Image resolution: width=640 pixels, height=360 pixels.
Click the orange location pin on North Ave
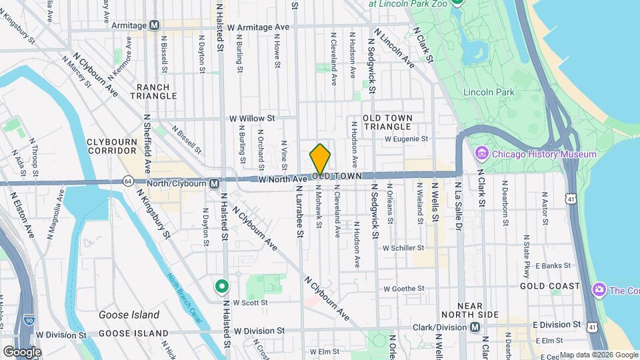click(x=320, y=159)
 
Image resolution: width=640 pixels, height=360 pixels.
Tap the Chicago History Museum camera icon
click(x=481, y=155)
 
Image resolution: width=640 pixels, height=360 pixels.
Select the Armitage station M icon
click(x=155, y=25)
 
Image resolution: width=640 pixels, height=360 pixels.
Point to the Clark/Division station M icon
click(x=475, y=327)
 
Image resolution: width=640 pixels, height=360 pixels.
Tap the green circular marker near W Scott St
click(x=222, y=287)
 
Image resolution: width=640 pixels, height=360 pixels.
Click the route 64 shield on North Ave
click(x=127, y=181)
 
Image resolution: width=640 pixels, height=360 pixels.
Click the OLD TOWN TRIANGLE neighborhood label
click(x=387, y=122)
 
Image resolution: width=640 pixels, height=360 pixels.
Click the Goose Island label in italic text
click(x=129, y=315)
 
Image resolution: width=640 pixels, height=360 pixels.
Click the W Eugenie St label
click(x=406, y=139)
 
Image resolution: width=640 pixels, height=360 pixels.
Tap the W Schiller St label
click(x=404, y=247)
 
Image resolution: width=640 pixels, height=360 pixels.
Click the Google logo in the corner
click(x=21, y=351)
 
